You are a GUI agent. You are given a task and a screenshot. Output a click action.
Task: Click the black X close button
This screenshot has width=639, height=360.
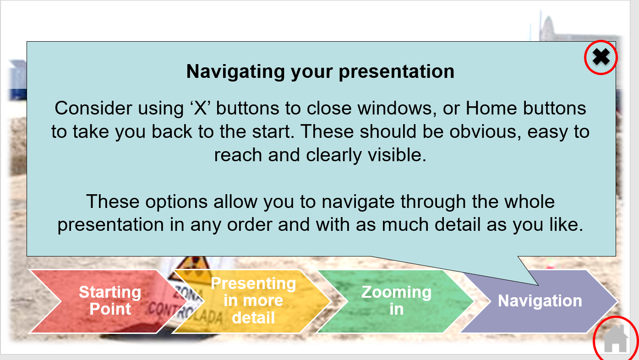(x=601, y=57)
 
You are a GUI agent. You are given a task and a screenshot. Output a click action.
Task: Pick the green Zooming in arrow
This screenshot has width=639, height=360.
(x=396, y=301)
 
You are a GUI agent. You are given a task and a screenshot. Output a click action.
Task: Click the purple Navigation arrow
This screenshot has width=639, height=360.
(x=539, y=301)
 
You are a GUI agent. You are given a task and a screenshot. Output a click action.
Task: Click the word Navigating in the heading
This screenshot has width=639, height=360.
(x=235, y=71)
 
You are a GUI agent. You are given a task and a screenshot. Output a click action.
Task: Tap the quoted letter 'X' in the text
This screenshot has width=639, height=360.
(x=200, y=108)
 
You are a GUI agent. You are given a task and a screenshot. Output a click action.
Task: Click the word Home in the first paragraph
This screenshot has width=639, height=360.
(x=491, y=109)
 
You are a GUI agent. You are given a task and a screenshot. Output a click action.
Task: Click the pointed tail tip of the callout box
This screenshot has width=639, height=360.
(x=538, y=285)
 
